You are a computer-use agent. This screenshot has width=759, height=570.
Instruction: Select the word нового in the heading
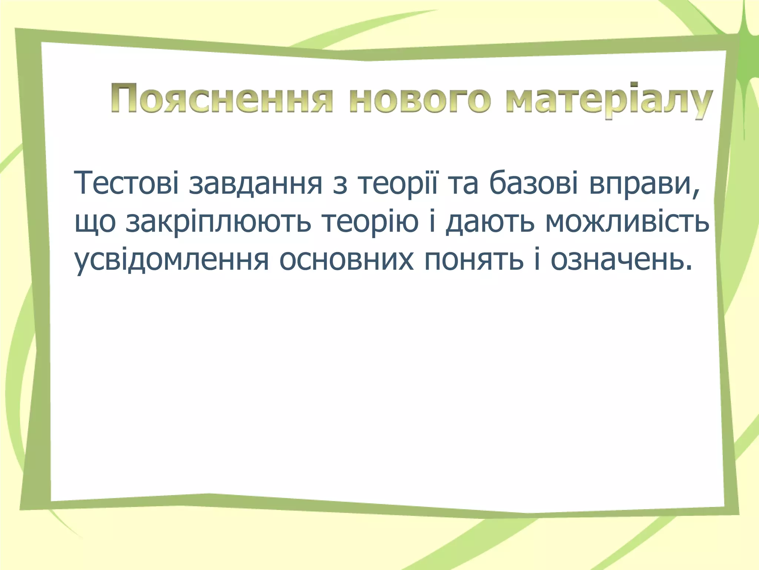pos(420,99)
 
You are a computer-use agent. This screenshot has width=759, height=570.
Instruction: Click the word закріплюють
pos(218,223)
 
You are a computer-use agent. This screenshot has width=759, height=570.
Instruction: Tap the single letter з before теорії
pos(340,183)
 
